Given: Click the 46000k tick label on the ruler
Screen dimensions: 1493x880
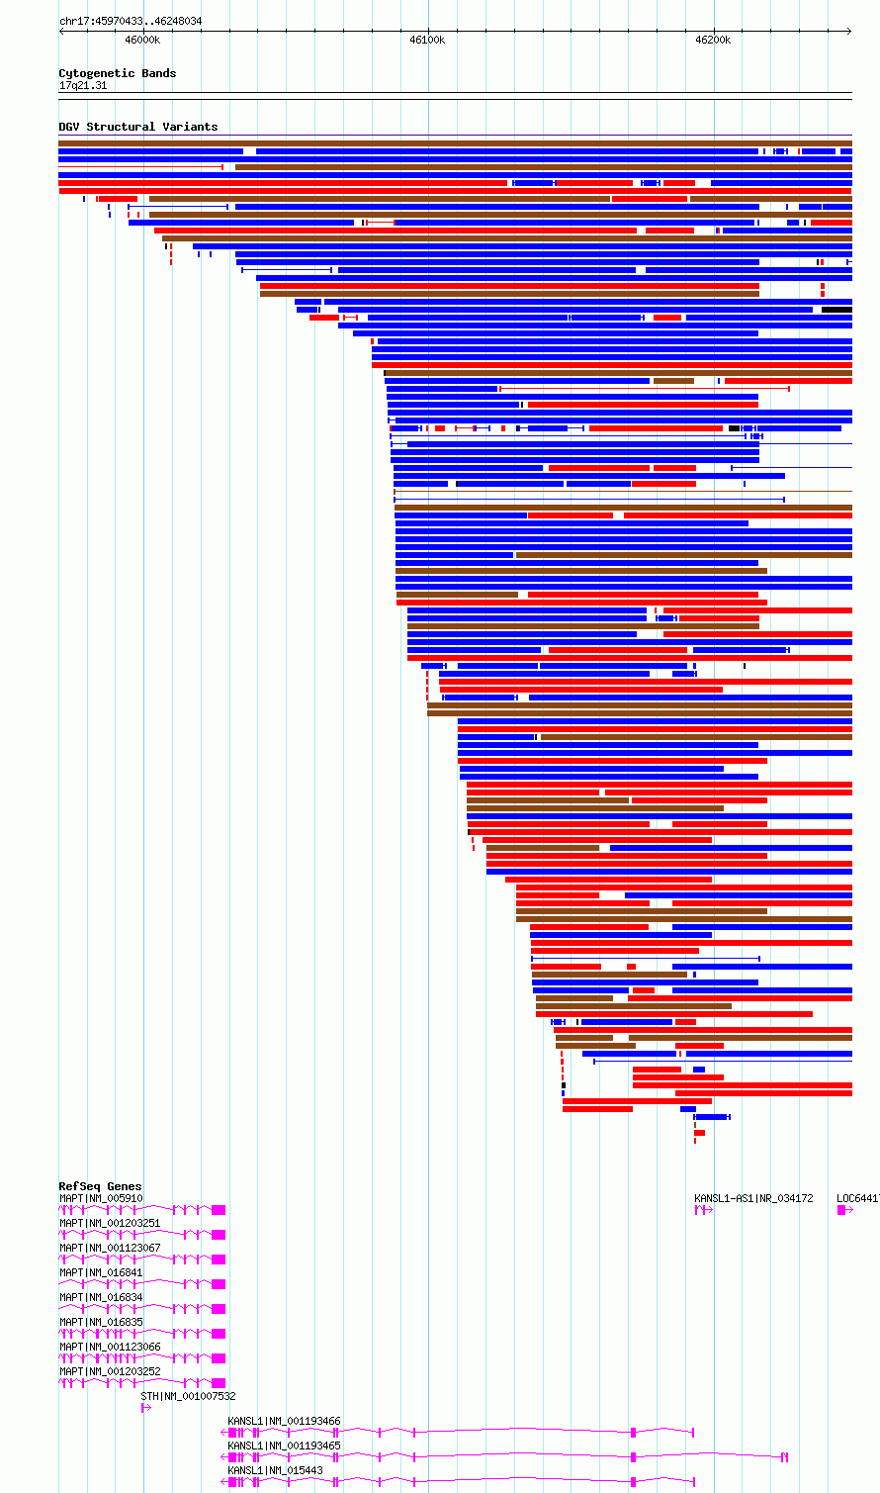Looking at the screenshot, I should [x=142, y=40].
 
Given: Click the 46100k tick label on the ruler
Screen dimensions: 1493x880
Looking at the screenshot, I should [x=427, y=40].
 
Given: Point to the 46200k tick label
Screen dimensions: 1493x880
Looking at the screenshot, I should [x=712, y=40].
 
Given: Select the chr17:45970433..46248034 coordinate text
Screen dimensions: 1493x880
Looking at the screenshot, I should [x=131, y=21].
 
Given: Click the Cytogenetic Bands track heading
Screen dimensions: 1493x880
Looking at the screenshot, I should [x=117, y=73].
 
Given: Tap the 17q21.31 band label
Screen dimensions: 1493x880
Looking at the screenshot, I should [x=83, y=85].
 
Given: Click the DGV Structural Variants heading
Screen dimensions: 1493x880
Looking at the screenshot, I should [x=137, y=127].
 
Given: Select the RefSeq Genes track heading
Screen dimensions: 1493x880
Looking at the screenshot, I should [x=100, y=1186].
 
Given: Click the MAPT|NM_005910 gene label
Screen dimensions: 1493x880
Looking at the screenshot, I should [x=101, y=1198].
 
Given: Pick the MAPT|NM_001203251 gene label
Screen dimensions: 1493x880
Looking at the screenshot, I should [x=110, y=1223].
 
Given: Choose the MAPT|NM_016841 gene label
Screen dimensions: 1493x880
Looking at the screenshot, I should [x=101, y=1272].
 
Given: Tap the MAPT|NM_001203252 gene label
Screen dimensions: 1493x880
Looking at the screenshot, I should [x=110, y=1371].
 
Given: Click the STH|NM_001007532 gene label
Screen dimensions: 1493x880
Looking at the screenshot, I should [x=188, y=1396].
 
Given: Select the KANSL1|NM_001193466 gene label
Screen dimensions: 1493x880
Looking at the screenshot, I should [x=284, y=1421].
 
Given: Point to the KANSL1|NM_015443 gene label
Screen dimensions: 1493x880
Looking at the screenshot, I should [x=275, y=1470].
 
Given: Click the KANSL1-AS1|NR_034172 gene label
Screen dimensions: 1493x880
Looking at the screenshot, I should [x=753, y=1198].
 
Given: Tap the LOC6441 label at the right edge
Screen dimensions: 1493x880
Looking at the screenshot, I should [x=857, y=1198].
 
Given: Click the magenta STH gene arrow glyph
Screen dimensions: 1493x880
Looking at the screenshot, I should [x=146, y=1408].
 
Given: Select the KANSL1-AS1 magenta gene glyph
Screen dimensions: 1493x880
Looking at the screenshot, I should [x=703, y=1210].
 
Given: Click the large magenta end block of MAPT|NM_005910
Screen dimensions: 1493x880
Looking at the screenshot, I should [x=219, y=1210].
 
